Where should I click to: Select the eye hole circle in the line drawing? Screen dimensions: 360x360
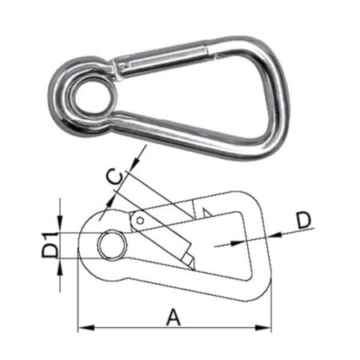[x=110, y=245]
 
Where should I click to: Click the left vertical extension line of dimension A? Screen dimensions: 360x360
[x=78, y=304]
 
